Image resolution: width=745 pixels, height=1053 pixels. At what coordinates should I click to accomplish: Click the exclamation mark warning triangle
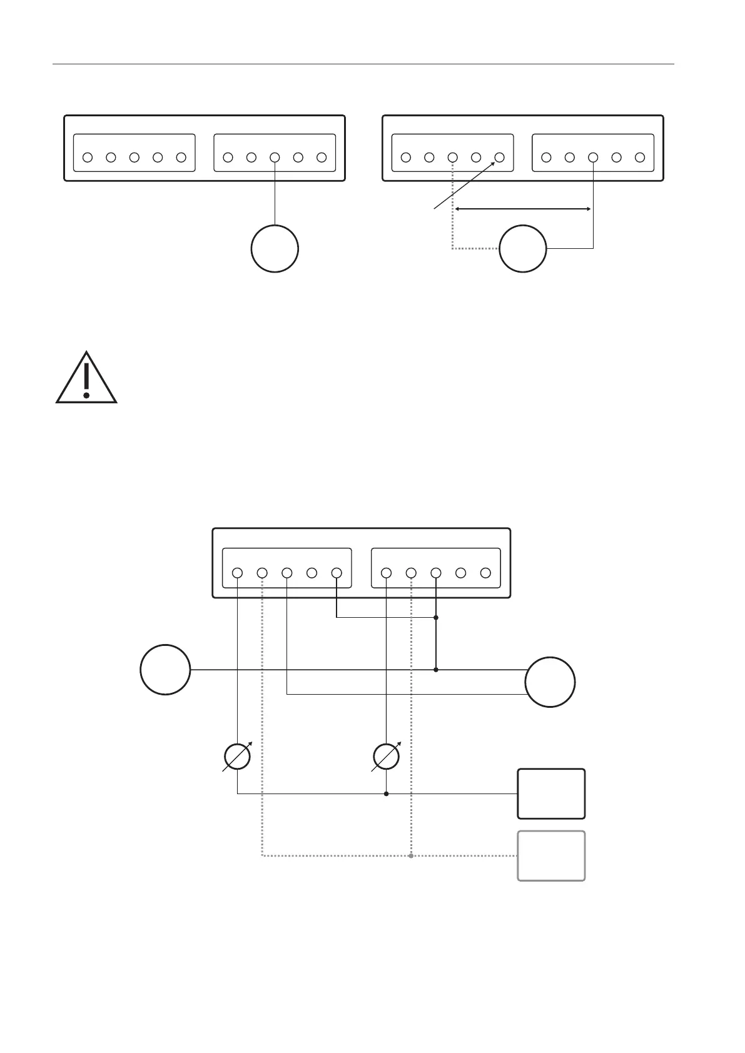pyautogui.click(x=86, y=379)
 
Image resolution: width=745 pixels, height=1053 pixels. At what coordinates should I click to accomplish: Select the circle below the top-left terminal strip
pyautogui.click(x=275, y=249)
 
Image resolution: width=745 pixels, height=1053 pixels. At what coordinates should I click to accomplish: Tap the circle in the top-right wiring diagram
pyautogui.click(x=523, y=249)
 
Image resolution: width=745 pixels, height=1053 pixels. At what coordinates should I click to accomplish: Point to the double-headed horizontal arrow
pyautogui.click(x=523, y=209)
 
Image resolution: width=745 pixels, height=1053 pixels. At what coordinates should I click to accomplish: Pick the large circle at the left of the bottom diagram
pyautogui.click(x=165, y=670)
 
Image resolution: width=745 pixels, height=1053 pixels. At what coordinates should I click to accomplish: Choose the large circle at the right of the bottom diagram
pyautogui.click(x=550, y=682)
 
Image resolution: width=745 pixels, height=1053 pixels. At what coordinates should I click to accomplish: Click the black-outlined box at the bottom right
pyautogui.click(x=551, y=794)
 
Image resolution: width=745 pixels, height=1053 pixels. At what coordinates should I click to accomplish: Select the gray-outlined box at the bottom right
pyautogui.click(x=551, y=856)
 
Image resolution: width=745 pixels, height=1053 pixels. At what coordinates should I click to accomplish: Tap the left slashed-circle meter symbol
pyautogui.click(x=238, y=757)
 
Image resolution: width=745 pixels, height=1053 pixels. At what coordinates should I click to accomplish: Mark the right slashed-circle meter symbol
pyautogui.click(x=386, y=757)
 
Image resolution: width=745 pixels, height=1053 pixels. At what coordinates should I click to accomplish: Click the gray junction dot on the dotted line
pyautogui.click(x=411, y=856)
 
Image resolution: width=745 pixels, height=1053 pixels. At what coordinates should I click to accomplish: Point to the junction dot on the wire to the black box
pyautogui.click(x=386, y=794)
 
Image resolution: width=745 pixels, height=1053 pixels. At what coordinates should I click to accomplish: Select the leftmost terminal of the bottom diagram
pyautogui.click(x=237, y=573)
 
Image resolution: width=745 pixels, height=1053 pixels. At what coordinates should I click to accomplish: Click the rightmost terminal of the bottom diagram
pyautogui.click(x=485, y=573)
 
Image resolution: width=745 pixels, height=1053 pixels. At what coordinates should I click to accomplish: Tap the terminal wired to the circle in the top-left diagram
pyautogui.click(x=275, y=158)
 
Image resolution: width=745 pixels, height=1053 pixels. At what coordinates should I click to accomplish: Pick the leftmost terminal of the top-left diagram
pyautogui.click(x=88, y=158)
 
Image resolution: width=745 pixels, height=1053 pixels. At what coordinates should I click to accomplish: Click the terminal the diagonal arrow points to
pyautogui.click(x=499, y=158)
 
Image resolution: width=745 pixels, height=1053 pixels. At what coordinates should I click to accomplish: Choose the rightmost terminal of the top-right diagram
pyautogui.click(x=639, y=158)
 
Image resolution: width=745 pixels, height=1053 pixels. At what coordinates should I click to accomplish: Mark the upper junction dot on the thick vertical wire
pyautogui.click(x=436, y=618)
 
